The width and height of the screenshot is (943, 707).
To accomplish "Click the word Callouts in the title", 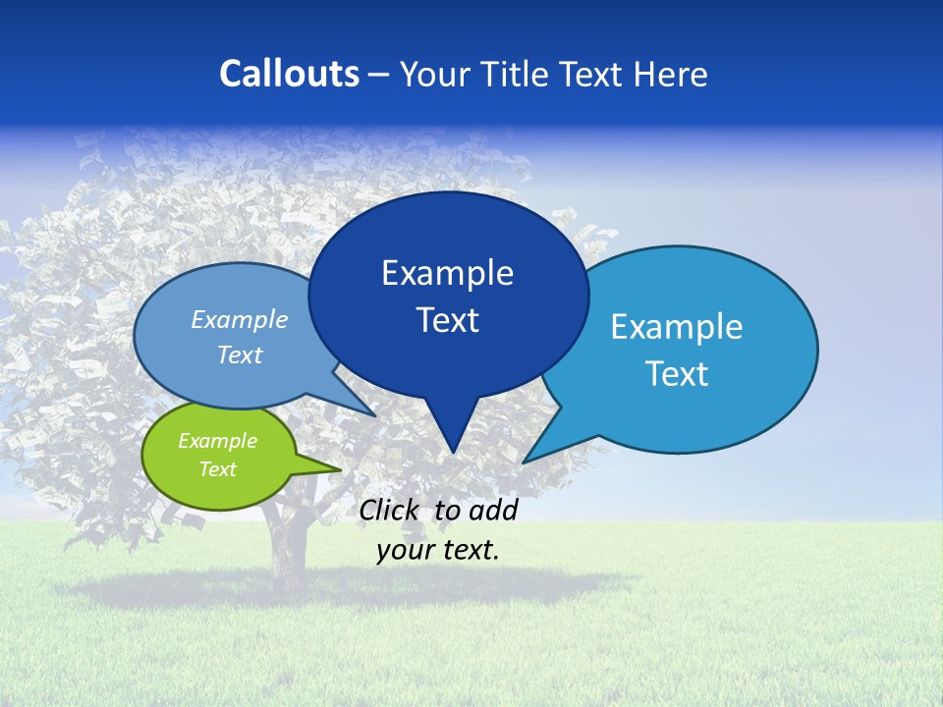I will (289, 74).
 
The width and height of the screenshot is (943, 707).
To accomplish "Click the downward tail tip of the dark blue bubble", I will (452, 451).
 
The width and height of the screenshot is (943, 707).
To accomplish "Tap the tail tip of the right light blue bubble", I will (526, 461).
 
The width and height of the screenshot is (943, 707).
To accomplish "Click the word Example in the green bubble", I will (217, 441).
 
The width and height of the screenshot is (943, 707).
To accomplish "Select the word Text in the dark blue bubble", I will (448, 320).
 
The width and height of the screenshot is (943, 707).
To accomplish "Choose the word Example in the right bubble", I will (677, 327).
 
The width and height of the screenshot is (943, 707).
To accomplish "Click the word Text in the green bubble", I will (217, 469).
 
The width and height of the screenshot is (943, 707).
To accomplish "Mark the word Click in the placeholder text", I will (391, 510).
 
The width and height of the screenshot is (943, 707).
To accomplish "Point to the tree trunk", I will (286, 550).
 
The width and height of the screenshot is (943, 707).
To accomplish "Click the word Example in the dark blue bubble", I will (448, 273).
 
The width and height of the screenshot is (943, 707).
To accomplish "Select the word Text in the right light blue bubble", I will (678, 374).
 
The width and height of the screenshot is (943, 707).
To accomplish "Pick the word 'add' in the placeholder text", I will (492, 510).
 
